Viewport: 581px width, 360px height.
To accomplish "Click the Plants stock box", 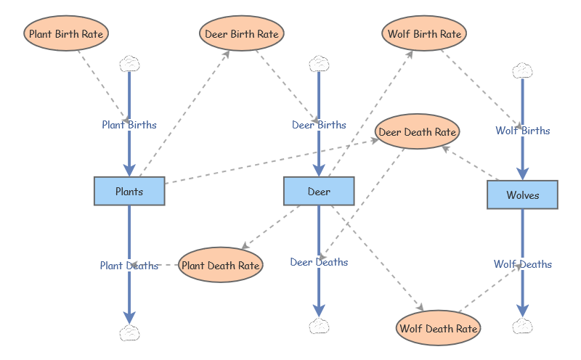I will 129,192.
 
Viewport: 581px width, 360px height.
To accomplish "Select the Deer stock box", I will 319,192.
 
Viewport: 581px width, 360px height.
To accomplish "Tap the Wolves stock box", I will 522,195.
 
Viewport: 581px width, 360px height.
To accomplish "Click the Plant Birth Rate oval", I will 66,33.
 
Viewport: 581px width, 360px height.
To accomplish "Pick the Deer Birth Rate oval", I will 241,33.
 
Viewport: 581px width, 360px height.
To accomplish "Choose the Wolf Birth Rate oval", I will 424,33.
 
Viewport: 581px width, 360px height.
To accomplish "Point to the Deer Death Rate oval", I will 418,132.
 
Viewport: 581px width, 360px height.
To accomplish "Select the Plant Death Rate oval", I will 220,265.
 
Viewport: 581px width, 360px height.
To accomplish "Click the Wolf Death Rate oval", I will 439,328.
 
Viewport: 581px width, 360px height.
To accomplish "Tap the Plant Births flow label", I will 129,125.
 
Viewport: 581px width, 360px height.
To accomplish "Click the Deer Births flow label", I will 319,125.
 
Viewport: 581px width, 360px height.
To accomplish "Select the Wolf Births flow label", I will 522,131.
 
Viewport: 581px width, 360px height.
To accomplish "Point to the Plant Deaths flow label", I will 129,266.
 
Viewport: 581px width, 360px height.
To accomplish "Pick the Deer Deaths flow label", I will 319,262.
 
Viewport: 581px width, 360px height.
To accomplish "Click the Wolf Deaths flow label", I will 522,264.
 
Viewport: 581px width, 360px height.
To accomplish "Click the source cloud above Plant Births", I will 129,63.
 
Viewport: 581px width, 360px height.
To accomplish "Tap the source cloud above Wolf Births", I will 522,70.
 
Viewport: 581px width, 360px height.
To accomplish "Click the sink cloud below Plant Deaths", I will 129,333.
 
